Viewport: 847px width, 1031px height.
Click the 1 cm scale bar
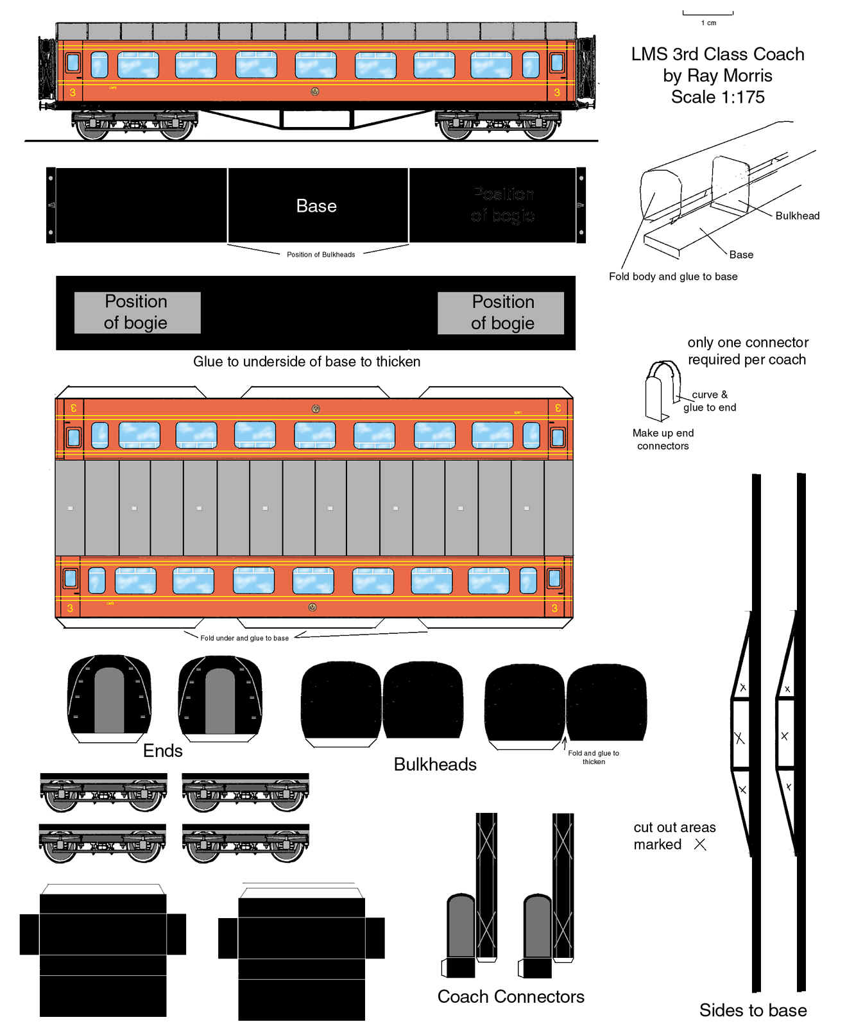click(708, 13)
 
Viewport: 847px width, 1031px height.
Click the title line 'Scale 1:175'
click(717, 97)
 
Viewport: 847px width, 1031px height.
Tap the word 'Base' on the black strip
click(316, 206)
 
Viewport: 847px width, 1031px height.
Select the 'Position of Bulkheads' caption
click(321, 255)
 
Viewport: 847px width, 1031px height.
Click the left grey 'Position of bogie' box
click(137, 312)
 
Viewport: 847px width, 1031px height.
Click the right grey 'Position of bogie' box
click(501, 312)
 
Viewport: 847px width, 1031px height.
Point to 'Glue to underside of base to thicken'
click(307, 362)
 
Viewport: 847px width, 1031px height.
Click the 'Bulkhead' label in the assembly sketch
click(797, 216)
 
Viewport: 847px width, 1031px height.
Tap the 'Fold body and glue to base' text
click(673, 277)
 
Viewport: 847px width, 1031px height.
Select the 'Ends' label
click(163, 751)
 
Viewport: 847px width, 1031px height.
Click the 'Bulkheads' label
click(435, 764)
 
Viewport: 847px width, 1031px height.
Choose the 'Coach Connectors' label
click(511, 996)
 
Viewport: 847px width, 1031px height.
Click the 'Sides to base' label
click(753, 1010)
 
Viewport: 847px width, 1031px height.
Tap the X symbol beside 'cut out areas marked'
click(700, 844)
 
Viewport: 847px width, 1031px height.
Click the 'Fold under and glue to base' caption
click(244, 638)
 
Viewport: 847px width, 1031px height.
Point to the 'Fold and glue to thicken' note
click(594, 758)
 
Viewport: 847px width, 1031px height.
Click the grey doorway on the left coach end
click(109, 701)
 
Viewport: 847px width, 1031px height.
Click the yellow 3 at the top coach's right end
click(556, 92)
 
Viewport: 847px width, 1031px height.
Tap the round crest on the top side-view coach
click(315, 92)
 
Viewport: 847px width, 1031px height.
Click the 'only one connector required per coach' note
click(747, 351)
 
